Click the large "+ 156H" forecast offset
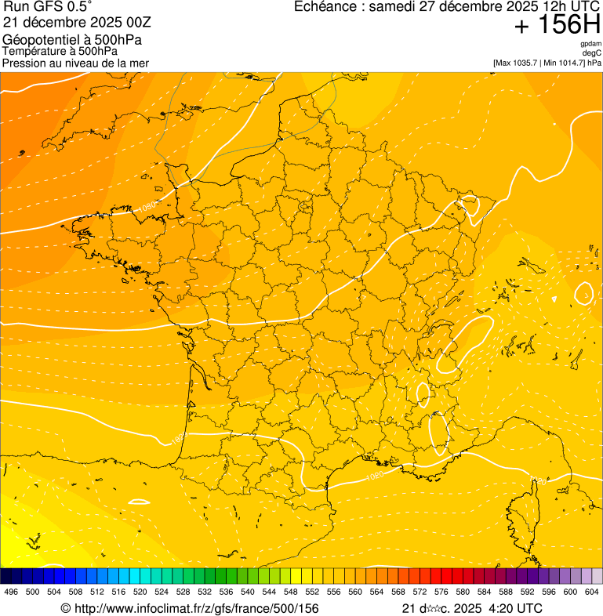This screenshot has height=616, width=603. click(x=557, y=25)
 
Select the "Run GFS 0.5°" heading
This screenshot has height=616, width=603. click(x=47, y=7)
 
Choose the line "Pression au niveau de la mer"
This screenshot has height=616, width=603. click(x=75, y=63)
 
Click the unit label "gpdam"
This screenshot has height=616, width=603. click(x=590, y=44)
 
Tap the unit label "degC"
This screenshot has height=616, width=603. click(x=593, y=53)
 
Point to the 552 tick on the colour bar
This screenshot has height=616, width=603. click(x=312, y=592)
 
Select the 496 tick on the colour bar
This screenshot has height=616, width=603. click(x=11, y=592)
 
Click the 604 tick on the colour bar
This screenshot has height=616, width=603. click(x=592, y=592)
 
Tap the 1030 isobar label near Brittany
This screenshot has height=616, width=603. click(x=147, y=207)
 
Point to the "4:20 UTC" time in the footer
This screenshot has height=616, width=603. click(x=514, y=608)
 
